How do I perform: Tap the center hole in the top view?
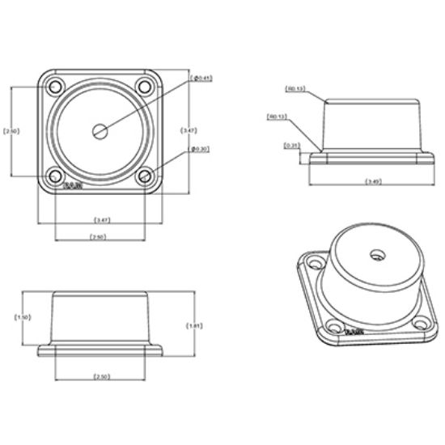[100, 130]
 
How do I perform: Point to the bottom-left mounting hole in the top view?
[55, 175]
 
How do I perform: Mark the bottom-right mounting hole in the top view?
[144, 175]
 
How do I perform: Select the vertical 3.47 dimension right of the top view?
[189, 130]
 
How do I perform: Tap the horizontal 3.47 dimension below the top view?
[103, 220]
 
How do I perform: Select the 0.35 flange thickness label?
[292, 146]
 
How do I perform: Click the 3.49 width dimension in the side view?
[373, 181]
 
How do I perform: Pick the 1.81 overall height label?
[193, 325]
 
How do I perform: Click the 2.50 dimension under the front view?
[102, 377]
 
